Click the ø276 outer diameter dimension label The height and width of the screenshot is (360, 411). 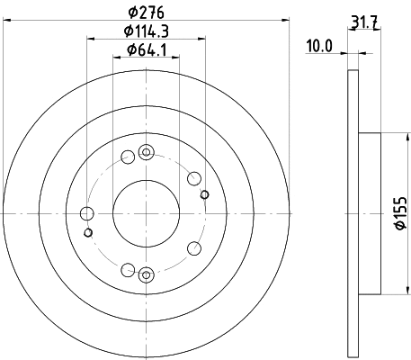tap(147, 12)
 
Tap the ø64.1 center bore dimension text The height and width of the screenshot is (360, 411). tap(147, 51)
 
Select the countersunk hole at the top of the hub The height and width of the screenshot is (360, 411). tap(147, 149)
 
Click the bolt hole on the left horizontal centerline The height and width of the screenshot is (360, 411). tap(87, 213)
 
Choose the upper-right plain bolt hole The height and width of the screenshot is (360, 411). tap(192, 177)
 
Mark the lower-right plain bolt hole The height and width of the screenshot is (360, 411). tap(192, 249)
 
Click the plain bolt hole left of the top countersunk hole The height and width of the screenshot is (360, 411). tap(127, 157)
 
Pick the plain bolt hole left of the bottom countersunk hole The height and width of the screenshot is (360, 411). tap(127, 269)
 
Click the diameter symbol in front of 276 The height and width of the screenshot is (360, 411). tap(133, 12)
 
